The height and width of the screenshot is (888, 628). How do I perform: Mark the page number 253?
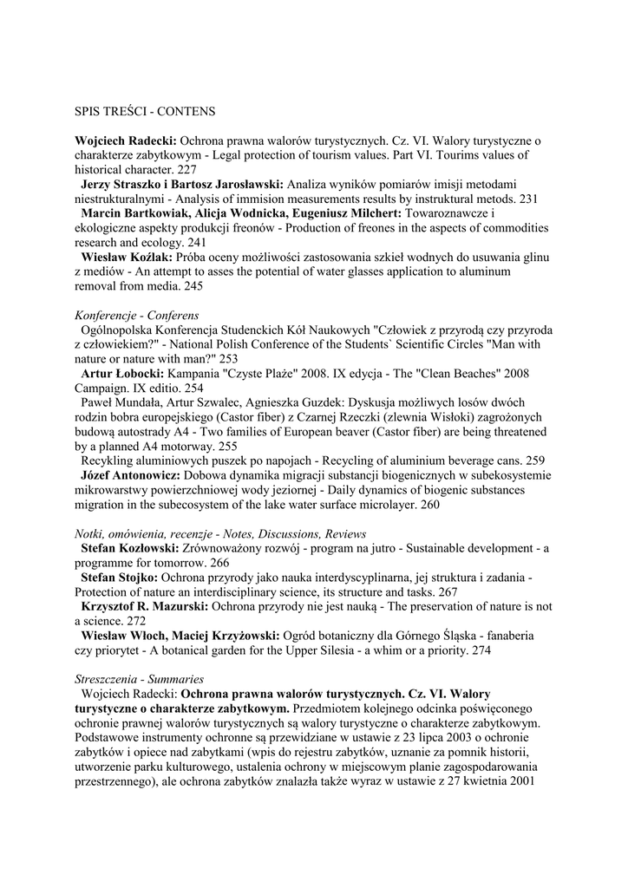tap(228, 359)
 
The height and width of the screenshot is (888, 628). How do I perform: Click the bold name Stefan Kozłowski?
tap(129, 549)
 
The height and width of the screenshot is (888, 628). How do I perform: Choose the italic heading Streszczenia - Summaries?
tap(139, 680)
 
